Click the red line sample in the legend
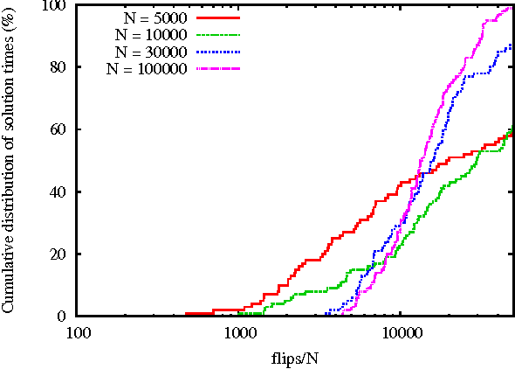click(x=217, y=16)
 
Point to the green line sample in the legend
click(x=217, y=33)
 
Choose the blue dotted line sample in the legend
click(x=217, y=51)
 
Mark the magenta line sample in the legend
click(x=217, y=68)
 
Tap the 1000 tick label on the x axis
click(x=239, y=332)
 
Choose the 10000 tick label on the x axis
click(x=400, y=332)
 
